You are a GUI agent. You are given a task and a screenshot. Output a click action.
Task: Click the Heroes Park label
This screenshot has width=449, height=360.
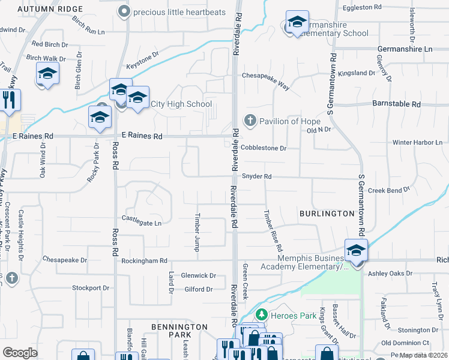287,315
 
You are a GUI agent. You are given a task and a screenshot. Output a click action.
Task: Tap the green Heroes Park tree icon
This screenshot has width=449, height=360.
261,314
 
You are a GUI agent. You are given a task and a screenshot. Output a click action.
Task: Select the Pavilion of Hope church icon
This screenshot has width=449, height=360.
250,121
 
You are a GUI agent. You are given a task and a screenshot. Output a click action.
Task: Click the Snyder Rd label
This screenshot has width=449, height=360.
257,176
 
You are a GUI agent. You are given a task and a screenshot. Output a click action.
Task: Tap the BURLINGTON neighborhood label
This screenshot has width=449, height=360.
327,213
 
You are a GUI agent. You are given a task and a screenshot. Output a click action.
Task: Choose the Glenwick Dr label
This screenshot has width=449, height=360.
198,275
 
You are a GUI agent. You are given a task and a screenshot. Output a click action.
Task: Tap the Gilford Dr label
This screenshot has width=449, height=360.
199,289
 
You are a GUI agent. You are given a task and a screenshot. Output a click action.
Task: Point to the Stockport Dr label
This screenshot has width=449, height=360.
91,288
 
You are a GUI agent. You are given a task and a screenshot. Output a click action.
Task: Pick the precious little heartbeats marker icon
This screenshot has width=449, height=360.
124,11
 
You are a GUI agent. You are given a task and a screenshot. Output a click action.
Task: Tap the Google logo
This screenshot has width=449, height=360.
20,353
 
